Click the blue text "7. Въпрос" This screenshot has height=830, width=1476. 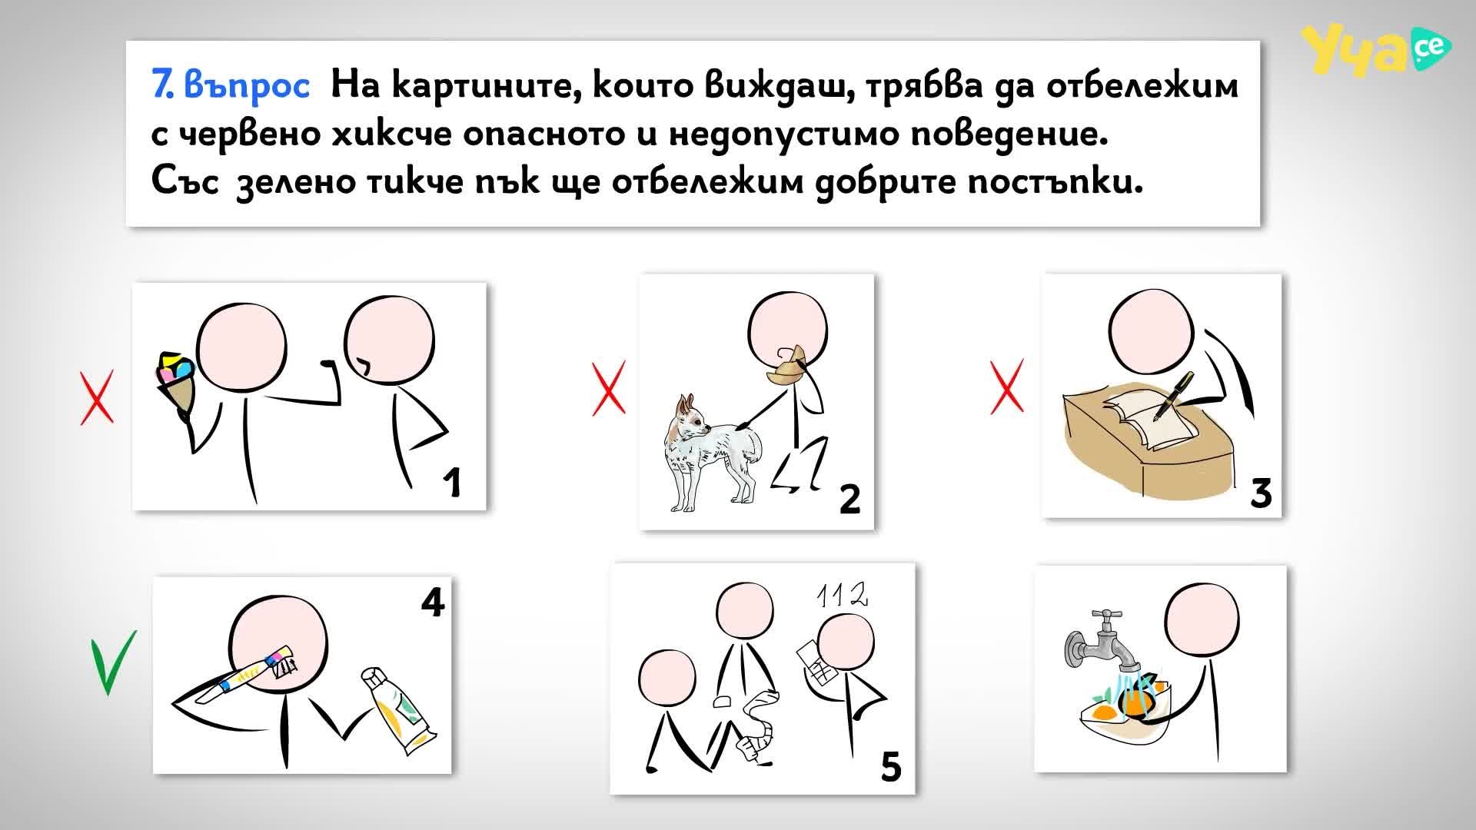[x=231, y=86]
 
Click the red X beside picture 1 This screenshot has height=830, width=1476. [x=97, y=397]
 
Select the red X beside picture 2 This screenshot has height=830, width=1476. [x=608, y=388]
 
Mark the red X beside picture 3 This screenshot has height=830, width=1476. [x=1006, y=386]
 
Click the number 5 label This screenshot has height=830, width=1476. [x=890, y=765]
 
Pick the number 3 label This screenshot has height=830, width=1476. [x=1261, y=492]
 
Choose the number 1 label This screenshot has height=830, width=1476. [x=452, y=482]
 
